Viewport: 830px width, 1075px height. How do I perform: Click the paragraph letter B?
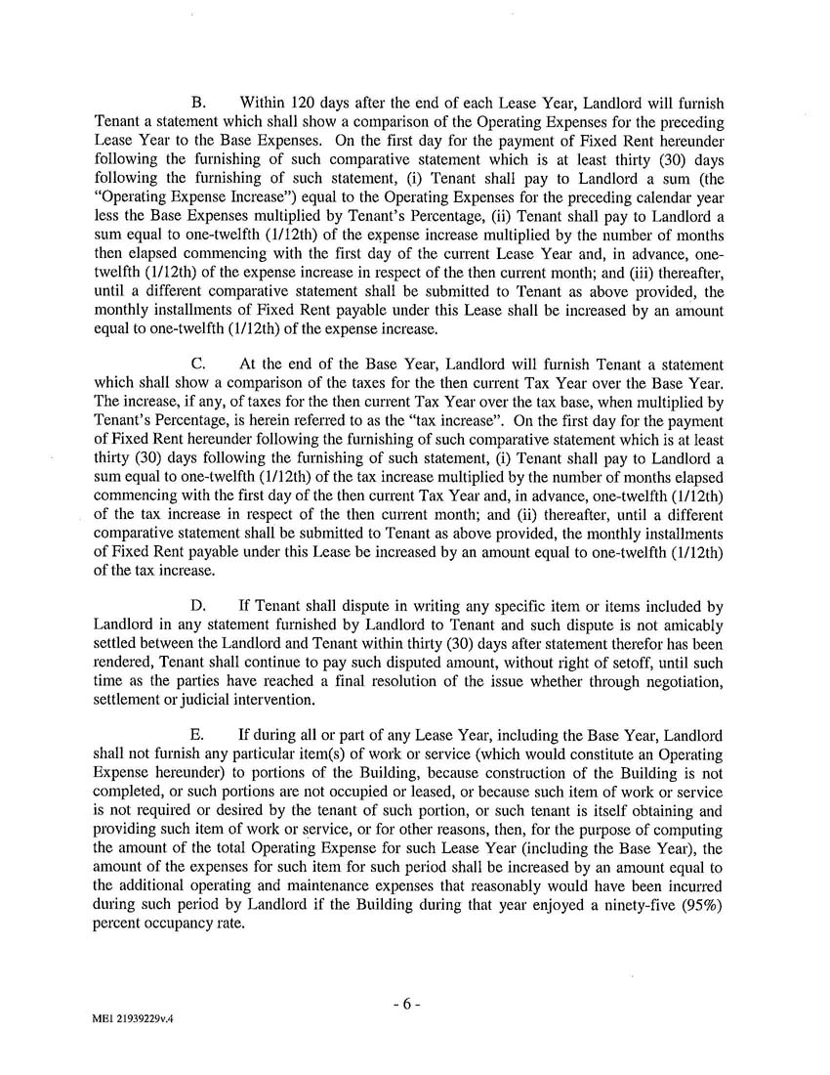coord(196,103)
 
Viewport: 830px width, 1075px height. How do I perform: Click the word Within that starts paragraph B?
coord(262,103)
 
